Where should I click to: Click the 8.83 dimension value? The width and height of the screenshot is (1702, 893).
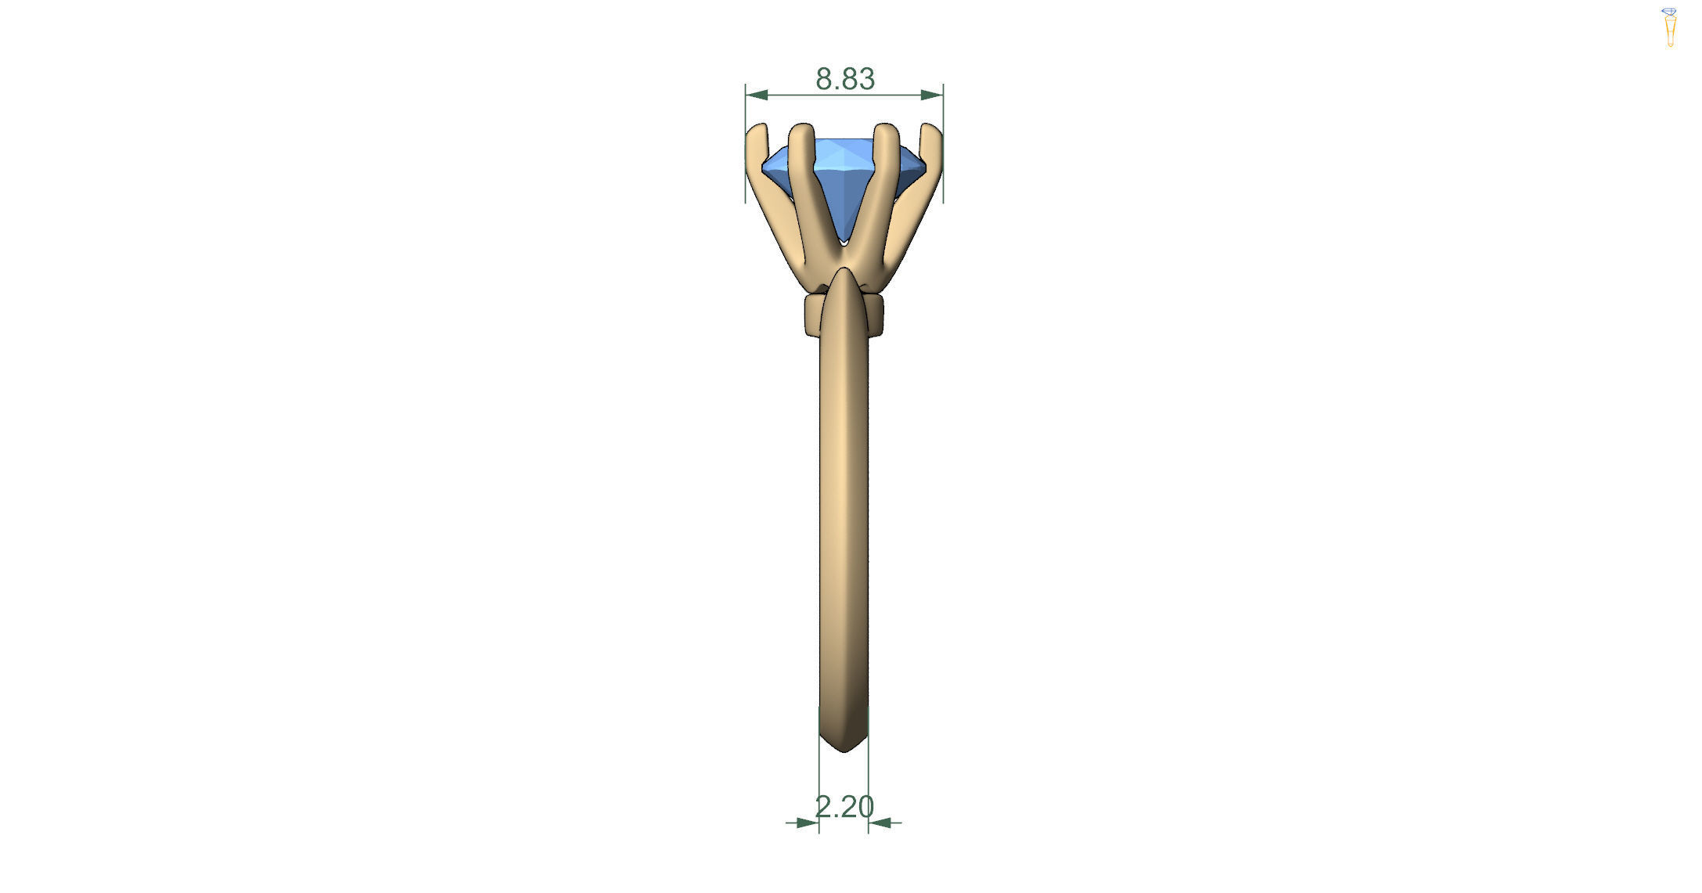[844, 79]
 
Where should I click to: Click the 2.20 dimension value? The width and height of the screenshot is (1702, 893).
[844, 806]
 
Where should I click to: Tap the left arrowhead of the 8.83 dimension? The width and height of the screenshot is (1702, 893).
[756, 95]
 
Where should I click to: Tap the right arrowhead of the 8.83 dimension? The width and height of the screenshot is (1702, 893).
[932, 95]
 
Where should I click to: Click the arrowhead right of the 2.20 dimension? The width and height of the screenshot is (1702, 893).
[880, 823]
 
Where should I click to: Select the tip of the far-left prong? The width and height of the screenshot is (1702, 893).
[756, 128]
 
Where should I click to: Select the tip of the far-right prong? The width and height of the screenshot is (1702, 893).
[931, 128]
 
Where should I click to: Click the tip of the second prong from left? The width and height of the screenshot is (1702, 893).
[801, 128]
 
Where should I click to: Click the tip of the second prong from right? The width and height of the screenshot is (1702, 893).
[885, 128]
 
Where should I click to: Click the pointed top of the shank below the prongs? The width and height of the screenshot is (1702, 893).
[844, 271]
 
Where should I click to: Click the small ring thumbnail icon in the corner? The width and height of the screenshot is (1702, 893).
[1670, 27]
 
